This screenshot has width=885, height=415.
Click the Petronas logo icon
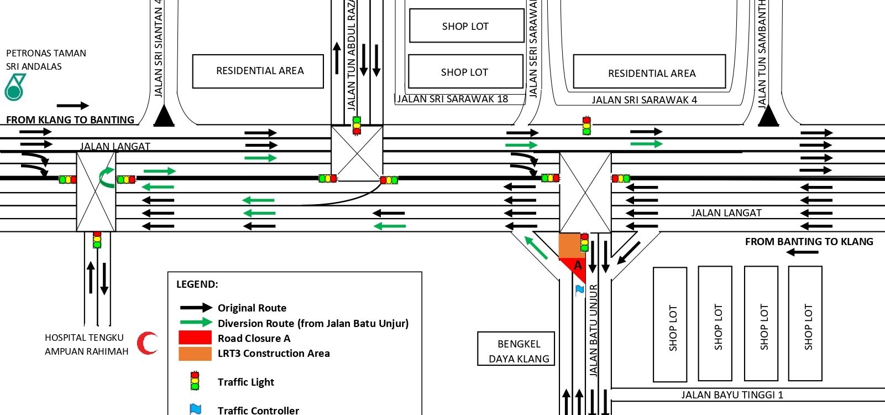[x=15, y=87]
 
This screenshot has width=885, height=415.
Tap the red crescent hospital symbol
[x=147, y=343]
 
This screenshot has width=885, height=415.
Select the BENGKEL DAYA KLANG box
[x=516, y=349]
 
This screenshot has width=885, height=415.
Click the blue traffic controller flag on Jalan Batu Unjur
[x=579, y=289]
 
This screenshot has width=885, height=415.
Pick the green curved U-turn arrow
[x=106, y=177]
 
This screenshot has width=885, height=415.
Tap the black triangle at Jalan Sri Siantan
[x=164, y=117]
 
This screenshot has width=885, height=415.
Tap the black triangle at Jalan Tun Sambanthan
[x=768, y=117]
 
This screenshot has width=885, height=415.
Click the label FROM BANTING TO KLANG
[x=809, y=242]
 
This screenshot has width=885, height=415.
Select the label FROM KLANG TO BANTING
[x=70, y=120]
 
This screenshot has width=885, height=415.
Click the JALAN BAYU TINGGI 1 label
[x=732, y=395]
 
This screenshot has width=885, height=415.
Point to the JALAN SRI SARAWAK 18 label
[x=453, y=99]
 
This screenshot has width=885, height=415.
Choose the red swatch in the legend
[x=195, y=338]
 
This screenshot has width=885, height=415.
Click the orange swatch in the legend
[x=195, y=353]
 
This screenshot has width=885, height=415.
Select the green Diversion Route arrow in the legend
[x=196, y=323]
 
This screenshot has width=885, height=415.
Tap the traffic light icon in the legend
[x=195, y=381]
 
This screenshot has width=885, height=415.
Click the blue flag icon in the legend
[x=195, y=409]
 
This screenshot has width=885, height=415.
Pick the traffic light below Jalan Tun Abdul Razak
[x=357, y=126]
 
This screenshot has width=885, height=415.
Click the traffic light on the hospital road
[x=97, y=240]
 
